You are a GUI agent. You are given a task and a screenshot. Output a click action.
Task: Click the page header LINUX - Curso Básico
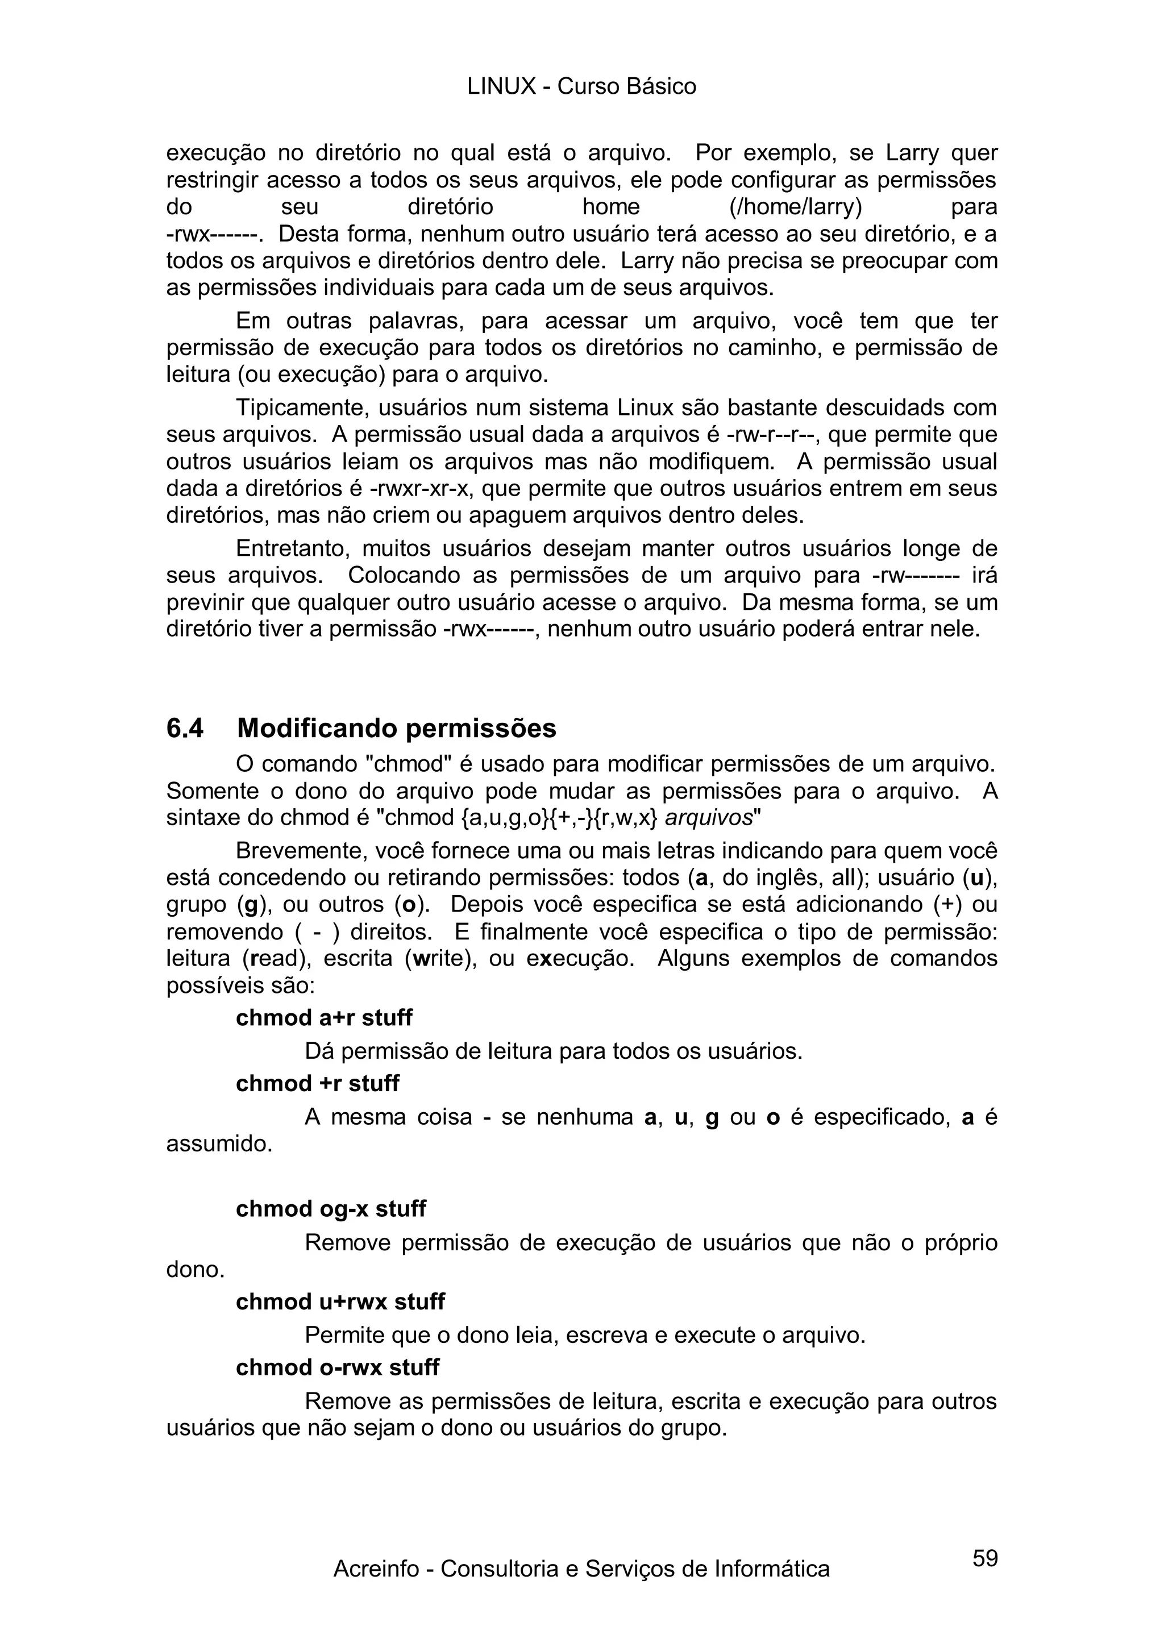pyautogui.click(x=581, y=87)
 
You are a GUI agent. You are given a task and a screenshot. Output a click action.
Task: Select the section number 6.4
pyautogui.click(x=185, y=728)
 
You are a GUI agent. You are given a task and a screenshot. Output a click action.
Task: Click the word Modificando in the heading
pyautogui.click(x=315, y=728)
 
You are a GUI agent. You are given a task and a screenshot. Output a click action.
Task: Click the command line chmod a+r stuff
pyautogui.click(x=324, y=1018)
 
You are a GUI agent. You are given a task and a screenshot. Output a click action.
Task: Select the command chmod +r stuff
pyautogui.click(x=317, y=1083)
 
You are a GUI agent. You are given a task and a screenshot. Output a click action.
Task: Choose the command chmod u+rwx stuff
pyautogui.click(x=340, y=1301)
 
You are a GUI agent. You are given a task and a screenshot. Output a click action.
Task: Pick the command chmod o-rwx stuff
pyautogui.click(x=337, y=1367)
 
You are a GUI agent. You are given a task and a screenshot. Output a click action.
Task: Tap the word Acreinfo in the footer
pyautogui.click(x=376, y=1589)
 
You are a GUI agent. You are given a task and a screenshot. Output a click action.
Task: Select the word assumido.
pyautogui.click(x=219, y=1143)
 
